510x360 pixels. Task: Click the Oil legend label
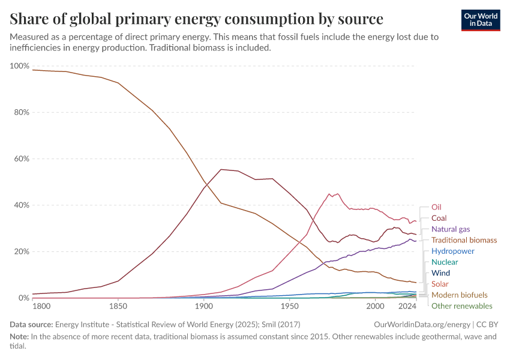pyautogui.click(x=436, y=207)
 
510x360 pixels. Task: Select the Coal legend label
pyautogui.click(x=439, y=218)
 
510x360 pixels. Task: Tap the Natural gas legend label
pyautogui.click(x=451, y=229)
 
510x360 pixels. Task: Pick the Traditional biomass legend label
pyautogui.click(x=464, y=240)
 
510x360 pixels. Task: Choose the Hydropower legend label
pyautogui.click(x=453, y=251)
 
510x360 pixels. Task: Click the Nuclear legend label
pyautogui.click(x=445, y=262)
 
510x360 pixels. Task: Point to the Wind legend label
pyautogui.click(x=441, y=273)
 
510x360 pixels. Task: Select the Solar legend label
pyautogui.click(x=440, y=284)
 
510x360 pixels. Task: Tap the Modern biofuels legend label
pyautogui.click(x=459, y=295)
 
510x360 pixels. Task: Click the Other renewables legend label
pyautogui.click(x=461, y=306)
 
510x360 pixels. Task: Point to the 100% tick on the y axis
pyautogui.click(x=19, y=66)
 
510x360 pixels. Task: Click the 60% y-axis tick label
pyautogui.click(x=21, y=159)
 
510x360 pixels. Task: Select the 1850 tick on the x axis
pyautogui.click(x=118, y=307)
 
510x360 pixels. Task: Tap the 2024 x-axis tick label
pyautogui.click(x=407, y=307)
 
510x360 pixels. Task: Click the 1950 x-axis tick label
pyautogui.click(x=290, y=307)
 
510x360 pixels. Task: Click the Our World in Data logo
pyautogui.click(x=480, y=20)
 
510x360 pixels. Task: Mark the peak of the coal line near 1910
pyautogui.click(x=221, y=169)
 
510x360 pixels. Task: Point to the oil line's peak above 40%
pyautogui.click(x=329, y=194)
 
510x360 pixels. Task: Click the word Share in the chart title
pyautogui.click(x=29, y=19)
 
